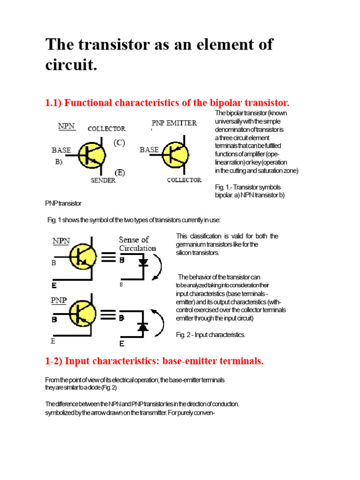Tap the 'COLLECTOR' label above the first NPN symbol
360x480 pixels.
(106, 128)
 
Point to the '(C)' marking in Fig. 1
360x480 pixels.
(119, 143)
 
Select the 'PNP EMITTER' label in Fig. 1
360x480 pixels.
(174, 123)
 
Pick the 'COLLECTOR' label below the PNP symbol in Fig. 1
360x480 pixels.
(184, 180)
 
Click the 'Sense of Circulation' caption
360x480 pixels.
(137, 244)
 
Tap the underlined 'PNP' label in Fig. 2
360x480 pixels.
(59, 300)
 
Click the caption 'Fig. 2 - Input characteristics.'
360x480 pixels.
(210, 335)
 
